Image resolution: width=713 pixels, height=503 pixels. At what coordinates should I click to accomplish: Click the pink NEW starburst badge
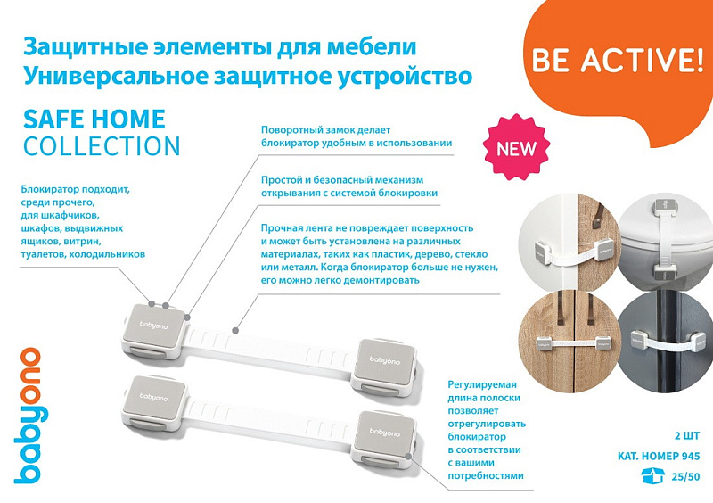(516, 147)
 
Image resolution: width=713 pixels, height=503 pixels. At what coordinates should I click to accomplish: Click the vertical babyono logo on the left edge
(29, 415)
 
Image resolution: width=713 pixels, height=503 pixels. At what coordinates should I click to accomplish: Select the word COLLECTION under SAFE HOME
(102, 146)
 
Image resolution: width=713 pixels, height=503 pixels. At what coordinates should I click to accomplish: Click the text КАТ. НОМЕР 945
(659, 456)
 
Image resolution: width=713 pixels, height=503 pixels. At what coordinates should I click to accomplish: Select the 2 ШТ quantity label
(687, 435)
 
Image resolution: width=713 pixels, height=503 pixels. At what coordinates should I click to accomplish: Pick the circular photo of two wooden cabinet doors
(570, 342)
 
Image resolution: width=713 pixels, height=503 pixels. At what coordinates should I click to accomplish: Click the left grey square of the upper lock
(153, 326)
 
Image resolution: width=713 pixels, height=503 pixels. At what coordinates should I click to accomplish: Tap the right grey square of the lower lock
(384, 432)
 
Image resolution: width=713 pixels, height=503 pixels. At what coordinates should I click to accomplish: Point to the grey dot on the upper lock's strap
(235, 330)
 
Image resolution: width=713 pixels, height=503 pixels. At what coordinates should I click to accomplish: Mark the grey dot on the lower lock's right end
(408, 456)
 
